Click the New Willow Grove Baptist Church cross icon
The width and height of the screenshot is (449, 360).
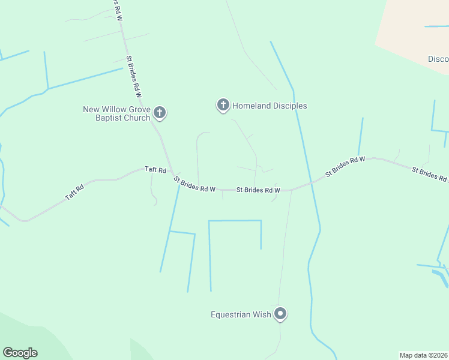point(160,112)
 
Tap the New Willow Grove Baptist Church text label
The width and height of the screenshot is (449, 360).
point(116,113)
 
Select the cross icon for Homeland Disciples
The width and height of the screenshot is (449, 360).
point(223,106)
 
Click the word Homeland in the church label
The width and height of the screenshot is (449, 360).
point(252,106)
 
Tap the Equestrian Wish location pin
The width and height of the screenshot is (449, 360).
point(280,313)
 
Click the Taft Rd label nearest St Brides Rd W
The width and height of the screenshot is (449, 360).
point(155,170)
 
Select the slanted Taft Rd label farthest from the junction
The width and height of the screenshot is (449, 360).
point(75,193)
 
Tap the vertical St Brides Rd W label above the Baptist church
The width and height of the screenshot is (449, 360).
point(134,77)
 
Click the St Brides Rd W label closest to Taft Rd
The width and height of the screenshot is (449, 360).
point(194,184)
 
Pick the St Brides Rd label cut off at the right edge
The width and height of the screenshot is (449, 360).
point(430,175)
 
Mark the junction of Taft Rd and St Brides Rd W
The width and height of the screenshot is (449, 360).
point(172,173)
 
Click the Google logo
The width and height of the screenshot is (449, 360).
point(20,353)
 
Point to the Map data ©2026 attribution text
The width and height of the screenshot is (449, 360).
point(424,355)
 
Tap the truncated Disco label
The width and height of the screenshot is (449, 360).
point(438,59)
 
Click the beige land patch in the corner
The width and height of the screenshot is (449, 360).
point(414,30)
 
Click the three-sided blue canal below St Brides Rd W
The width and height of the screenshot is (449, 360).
point(235,221)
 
